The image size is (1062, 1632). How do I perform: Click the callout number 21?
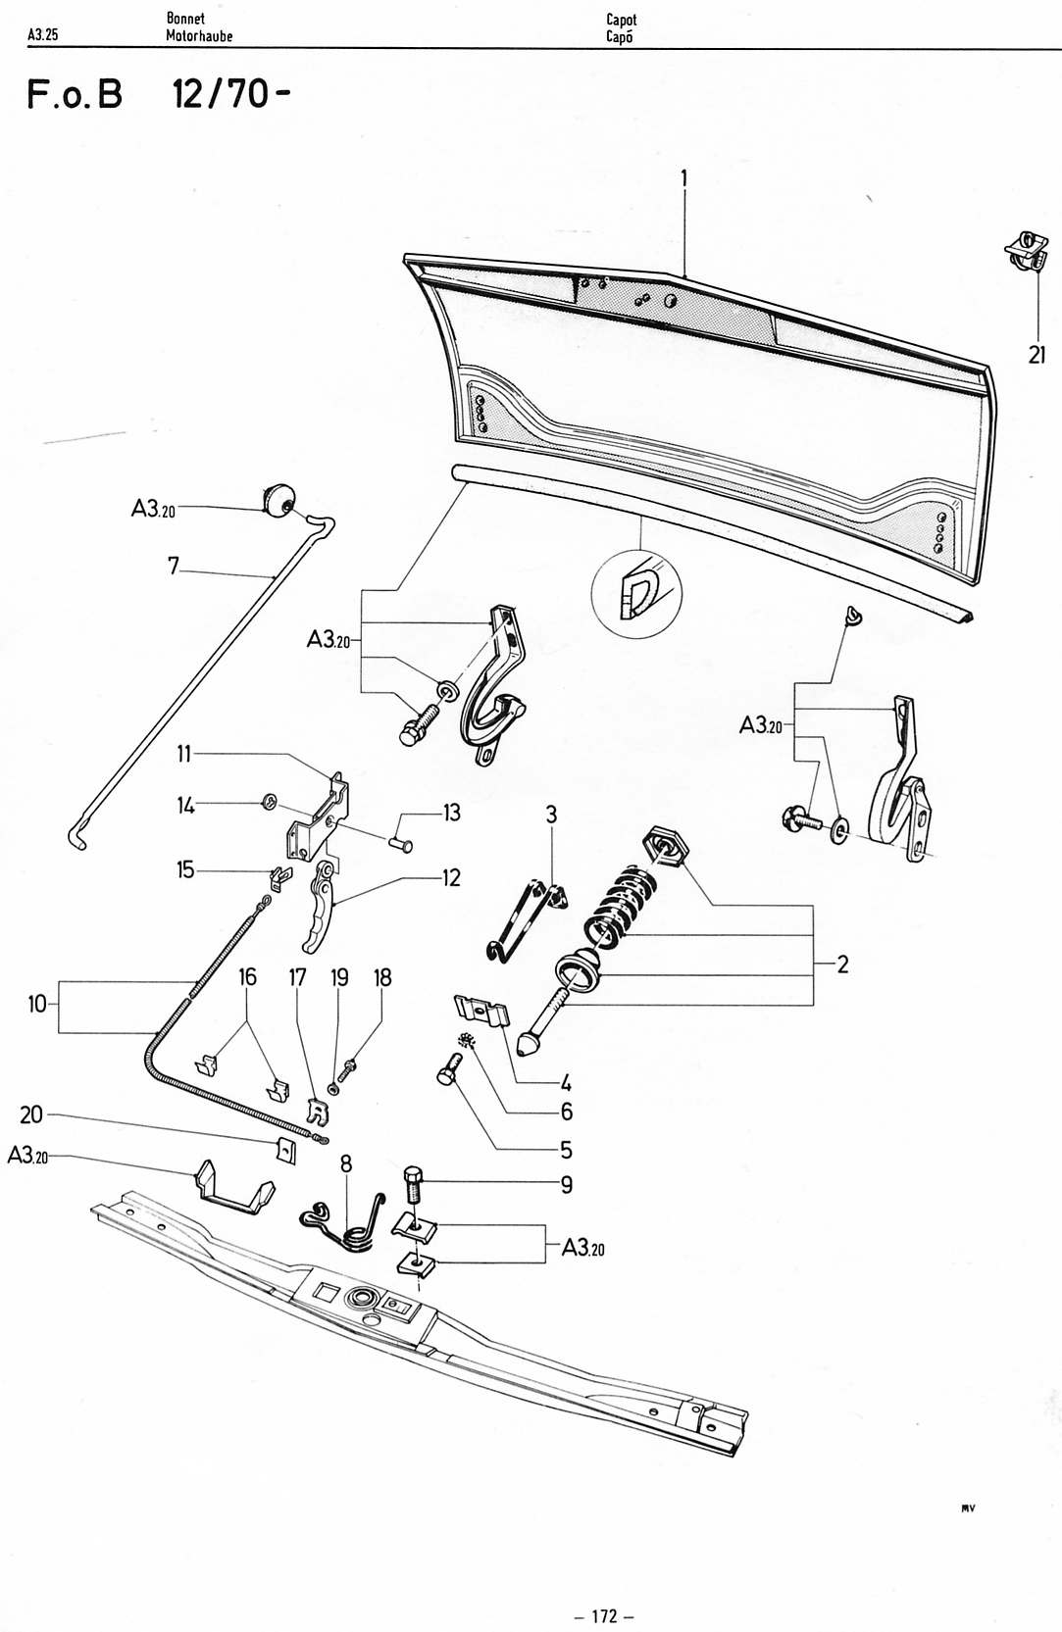point(1037,355)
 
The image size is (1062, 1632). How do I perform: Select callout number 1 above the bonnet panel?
point(683,178)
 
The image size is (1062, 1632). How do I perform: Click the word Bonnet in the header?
point(185,19)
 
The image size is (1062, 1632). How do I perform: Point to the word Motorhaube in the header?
point(199,35)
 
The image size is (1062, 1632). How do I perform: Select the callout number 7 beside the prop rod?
point(173,567)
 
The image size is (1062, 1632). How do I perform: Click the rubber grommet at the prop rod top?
point(277,499)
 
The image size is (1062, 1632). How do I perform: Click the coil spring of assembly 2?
point(620,904)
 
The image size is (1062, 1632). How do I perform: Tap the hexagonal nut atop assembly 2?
point(666,847)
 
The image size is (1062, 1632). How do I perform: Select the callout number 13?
point(452,813)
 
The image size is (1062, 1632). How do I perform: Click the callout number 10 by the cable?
point(37,1005)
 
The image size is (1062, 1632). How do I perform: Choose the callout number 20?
point(31,1114)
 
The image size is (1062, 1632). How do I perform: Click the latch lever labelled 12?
point(319,907)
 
